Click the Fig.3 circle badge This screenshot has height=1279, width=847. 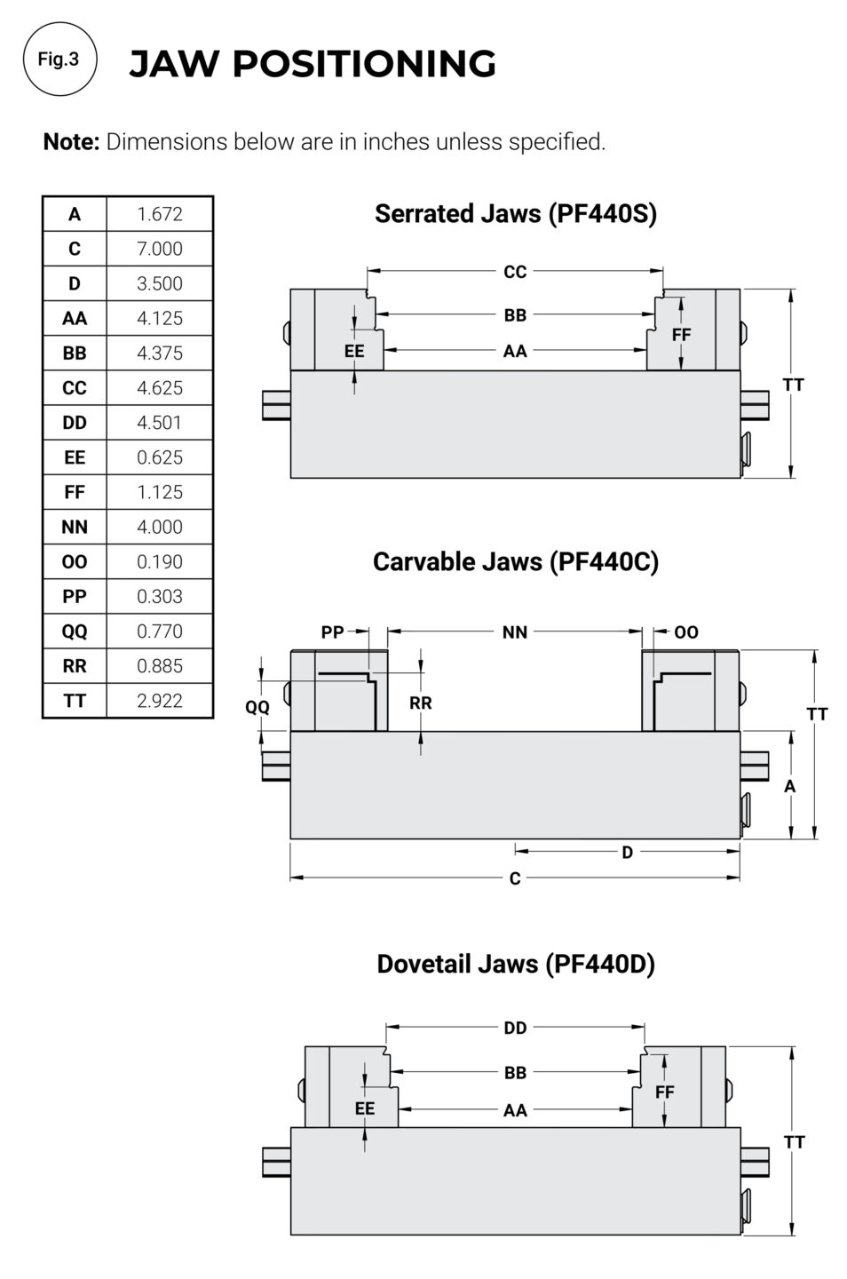(x=59, y=60)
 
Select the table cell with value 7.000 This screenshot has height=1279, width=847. (x=159, y=249)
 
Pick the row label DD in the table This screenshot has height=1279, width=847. (x=75, y=423)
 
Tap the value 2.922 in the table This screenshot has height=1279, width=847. (x=159, y=701)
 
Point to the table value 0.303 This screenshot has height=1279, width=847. (x=159, y=597)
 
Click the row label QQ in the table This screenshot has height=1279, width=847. (x=75, y=632)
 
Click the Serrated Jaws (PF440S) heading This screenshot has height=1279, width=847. (x=515, y=213)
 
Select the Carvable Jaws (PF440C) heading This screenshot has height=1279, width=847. (x=515, y=561)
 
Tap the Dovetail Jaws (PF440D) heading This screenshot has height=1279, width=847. (x=515, y=964)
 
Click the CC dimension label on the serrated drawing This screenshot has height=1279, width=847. (x=515, y=272)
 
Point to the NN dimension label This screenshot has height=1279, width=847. (x=515, y=632)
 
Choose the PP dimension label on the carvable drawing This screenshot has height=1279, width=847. (x=332, y=632)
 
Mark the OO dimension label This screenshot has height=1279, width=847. (x=686, y=632)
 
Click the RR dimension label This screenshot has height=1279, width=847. (x=421, y=703)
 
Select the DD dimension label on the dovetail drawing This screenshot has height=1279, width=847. (x=515, y=1028)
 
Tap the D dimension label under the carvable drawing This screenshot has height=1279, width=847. (x=627, y=853)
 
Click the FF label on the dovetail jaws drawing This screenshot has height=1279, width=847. (x=664, y=1092)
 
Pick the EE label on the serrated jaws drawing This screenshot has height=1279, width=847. (x=354, y=352)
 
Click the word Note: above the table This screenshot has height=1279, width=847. (x=71, y=142)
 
